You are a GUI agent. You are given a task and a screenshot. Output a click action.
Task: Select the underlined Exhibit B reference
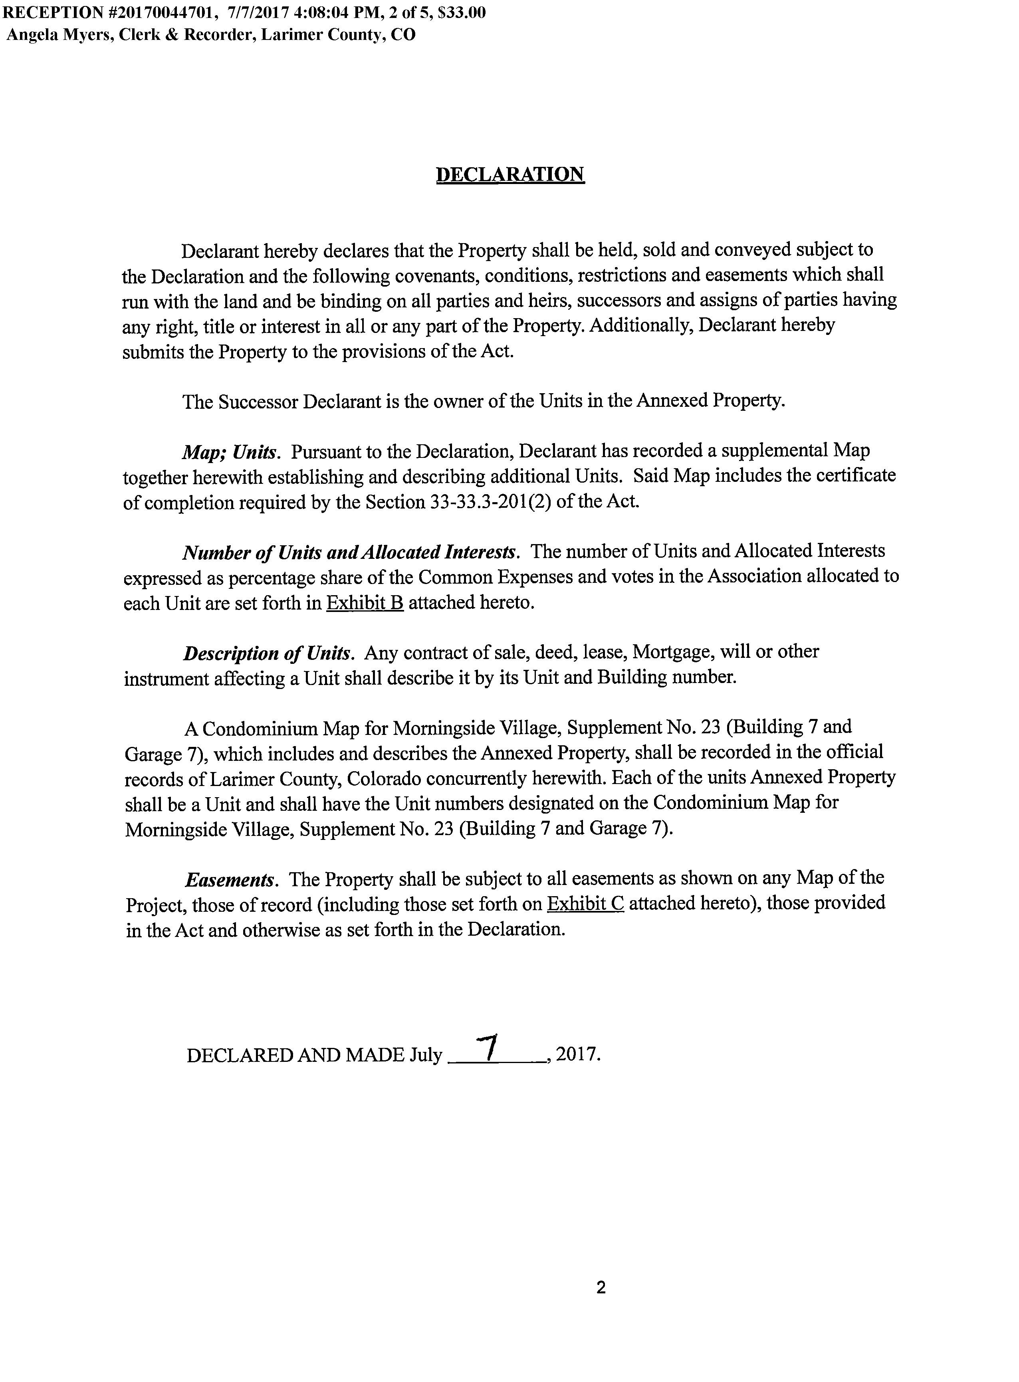pyautogui.click(x=365, y=602)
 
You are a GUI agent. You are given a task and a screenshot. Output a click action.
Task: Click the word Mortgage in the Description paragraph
pyautogui.click(x=673, y=652)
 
